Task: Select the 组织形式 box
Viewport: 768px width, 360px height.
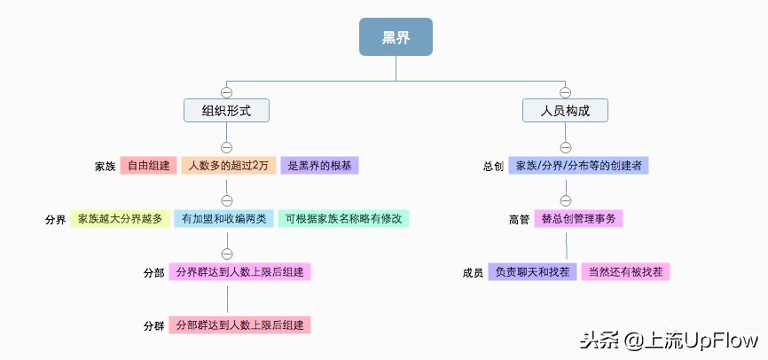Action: point(226,110)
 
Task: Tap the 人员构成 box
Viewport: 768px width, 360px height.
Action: point(565,110)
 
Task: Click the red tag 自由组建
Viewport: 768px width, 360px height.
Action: point(148,166)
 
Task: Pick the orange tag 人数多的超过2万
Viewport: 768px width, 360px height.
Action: point(227,166)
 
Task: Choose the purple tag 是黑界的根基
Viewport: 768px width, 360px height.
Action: point(320,166)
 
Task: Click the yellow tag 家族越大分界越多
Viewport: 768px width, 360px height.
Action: point(120,219)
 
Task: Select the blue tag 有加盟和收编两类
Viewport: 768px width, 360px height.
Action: point(223,219)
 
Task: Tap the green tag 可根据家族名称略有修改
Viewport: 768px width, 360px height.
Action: point(343,219)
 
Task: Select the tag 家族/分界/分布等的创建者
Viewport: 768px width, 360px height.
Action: point(579,166)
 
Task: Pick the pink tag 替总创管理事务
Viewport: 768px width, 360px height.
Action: point(579,219)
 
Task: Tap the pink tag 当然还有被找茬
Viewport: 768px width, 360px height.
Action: point(625,271)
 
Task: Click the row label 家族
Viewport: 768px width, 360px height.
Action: point(106,167)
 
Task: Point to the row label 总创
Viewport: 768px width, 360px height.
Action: point(494,167)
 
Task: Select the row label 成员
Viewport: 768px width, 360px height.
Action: point(474,272)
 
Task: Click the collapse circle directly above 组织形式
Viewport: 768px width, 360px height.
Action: point(226,92)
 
